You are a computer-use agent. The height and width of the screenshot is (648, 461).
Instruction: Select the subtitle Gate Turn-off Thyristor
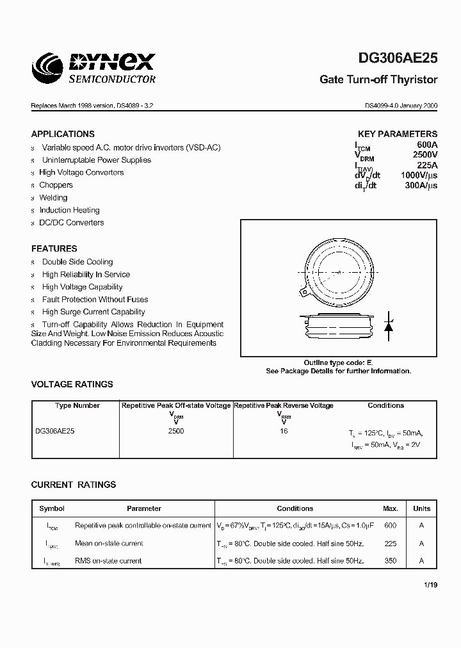point(378,80)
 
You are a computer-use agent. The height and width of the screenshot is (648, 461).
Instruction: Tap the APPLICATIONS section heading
point(63,134)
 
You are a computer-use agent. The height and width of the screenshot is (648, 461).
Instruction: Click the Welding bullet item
point(53,198)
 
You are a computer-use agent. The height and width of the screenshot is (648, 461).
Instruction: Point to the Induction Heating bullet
point(69,210)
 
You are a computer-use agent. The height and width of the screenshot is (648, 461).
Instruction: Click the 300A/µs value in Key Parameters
point(421,185)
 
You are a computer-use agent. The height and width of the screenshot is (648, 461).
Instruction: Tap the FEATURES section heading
point(54,248)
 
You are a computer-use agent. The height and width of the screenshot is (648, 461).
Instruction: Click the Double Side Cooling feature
point(77,262)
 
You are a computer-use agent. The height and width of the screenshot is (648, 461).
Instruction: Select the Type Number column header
point(77,405)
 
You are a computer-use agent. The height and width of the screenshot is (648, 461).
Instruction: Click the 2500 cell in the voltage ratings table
point(175,432)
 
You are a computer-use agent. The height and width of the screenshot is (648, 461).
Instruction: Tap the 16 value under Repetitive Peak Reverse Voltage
point(284,432)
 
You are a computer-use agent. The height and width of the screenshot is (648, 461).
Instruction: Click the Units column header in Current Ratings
point(421,508)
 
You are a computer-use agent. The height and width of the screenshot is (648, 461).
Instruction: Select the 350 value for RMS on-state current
point(391,561)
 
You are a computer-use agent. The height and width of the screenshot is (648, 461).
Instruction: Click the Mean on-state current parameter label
point(109,543)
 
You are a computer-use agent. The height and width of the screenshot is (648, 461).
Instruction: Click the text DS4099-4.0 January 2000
point(401,106)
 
